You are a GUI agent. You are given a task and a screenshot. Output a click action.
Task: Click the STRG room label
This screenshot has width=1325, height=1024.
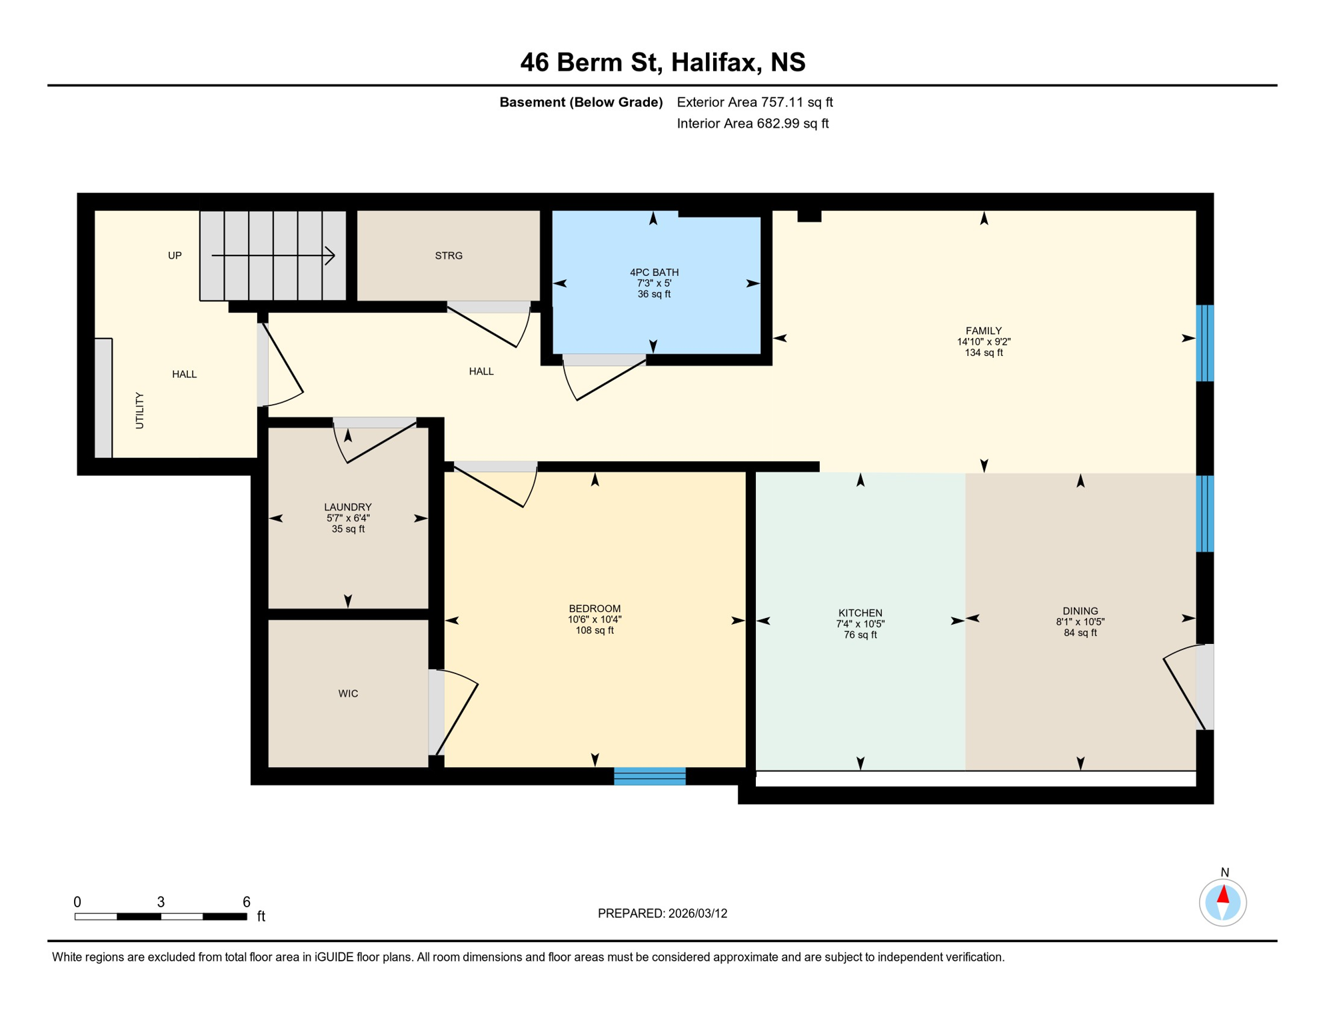[x=449, y=255]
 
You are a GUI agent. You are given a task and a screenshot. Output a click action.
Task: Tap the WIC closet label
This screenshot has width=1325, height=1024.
[x=348, y=693]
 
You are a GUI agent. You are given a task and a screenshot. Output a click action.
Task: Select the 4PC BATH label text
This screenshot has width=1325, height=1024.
[x=654, y=272]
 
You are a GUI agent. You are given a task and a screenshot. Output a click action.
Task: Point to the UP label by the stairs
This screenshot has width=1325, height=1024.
[x=175, y=255]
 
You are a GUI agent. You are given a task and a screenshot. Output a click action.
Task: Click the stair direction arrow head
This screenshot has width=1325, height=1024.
[x=331, y=255]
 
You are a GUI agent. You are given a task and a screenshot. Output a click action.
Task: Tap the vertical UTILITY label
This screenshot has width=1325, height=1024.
[x=139, y=410]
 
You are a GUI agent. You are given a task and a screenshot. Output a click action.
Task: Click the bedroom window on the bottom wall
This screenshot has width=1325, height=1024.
[x=649, y=776]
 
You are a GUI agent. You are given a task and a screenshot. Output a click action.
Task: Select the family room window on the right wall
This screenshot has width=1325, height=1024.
[x=1204, y=343]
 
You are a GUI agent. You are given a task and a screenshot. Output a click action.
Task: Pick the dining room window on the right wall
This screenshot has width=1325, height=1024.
[x=1204, y=513]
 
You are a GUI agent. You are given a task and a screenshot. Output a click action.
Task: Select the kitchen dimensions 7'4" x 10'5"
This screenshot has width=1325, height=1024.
[x=860, y=624]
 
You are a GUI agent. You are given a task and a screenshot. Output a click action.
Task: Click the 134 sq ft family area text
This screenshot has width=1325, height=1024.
[x=983, y=353]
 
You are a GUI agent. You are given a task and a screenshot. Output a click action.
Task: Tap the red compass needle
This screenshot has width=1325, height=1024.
[x=1223, y=894]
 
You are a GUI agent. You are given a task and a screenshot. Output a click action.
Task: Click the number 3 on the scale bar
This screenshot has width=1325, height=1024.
[x=161, y=902]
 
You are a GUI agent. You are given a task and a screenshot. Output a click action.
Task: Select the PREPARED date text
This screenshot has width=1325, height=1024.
[x=662, y=913]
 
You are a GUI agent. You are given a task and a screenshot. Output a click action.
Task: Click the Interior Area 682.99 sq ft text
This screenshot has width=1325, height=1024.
[x=752, y=123]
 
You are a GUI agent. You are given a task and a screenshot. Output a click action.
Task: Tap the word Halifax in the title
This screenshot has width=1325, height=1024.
[x=715, y=62]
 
